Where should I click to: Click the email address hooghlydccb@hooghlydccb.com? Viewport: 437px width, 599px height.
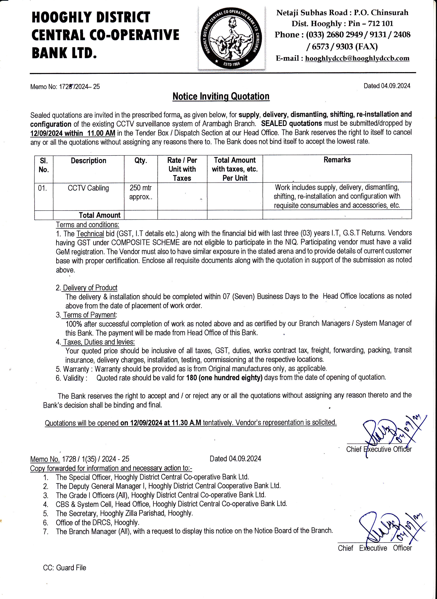pyautogui.click(x=357, y=58)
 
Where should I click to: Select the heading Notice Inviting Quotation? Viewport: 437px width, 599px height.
pyautogui.click(x=221, y=96)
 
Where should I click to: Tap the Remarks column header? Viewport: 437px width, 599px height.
pyautogui.click(x=337, y=160)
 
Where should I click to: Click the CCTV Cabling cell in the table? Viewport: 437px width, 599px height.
pyautogui.click(x=88, y=188)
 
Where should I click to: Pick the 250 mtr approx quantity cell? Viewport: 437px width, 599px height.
pyautogui.click(x=141, y=192)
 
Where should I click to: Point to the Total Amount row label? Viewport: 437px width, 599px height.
pyautogui.click(x=99, y=215)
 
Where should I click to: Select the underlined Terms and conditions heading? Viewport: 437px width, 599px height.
pyautogui.click(x=88, y=225)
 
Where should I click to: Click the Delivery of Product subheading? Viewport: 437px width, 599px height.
pyautogui.click(x=90, y=288)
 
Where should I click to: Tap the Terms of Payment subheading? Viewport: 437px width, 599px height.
pyautogui.click(x=90, y=315)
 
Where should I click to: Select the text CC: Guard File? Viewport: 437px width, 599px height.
pyautogui.click(x=65, y=568)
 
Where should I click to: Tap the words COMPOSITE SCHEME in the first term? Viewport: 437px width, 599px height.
pyautogui.click(x=145, y=242)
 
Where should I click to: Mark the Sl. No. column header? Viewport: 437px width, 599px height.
pyautogui.click(x=44, y=165)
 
